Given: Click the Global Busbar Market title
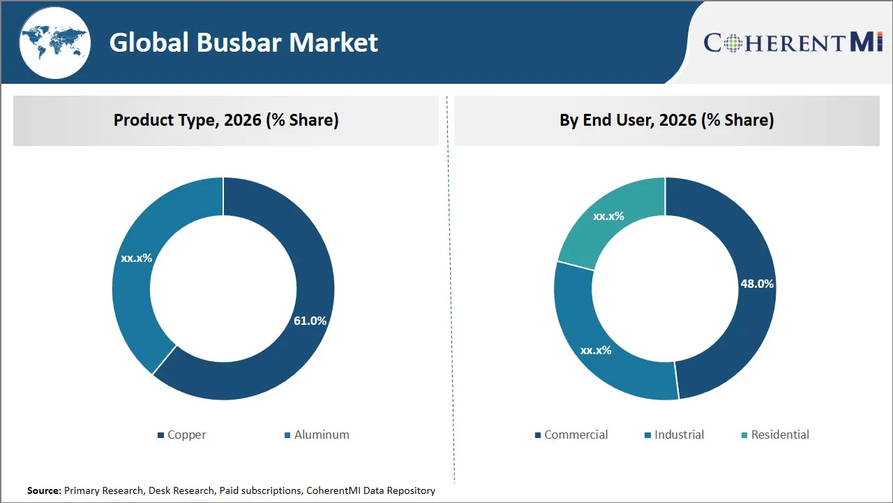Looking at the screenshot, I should point(243,43).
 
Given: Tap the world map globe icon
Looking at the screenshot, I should point(54,43).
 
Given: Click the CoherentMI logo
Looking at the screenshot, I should point(793,43).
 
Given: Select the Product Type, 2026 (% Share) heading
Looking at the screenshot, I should point(226,120).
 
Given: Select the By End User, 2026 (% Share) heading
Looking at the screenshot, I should point(666,120).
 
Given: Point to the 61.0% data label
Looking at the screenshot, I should point(310,321).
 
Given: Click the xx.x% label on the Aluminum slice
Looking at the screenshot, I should point(136,258).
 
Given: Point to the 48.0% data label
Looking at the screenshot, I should point(756,284).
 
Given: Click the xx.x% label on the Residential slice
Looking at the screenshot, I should point(608,217).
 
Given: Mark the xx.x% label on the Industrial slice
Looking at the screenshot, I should point(596,350).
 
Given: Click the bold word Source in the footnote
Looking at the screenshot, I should point(44,490).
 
